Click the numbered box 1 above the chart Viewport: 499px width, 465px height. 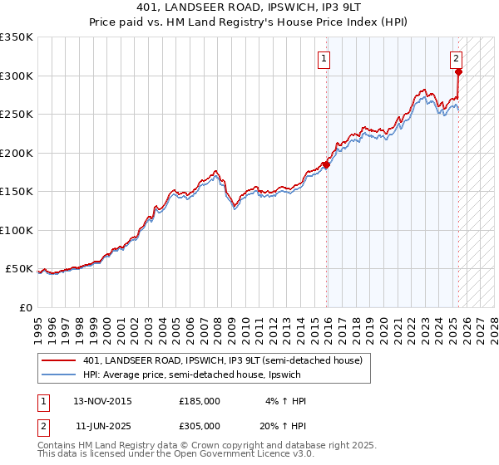click(x=322, y=58)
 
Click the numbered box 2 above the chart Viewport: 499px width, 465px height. click(x=457, y=58)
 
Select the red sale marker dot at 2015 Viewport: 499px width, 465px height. click(x=326, y=164)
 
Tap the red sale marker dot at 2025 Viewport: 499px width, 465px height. click(x=458, y=71)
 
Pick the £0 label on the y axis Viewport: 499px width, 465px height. click(x=25, y=307)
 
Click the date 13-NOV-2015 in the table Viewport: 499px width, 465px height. click(x=103, y=401)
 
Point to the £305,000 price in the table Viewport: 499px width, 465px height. click(x=200, y=425)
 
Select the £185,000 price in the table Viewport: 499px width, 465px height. click(x=200, y=401)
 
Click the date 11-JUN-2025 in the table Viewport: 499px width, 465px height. click(x=102, y=425)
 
